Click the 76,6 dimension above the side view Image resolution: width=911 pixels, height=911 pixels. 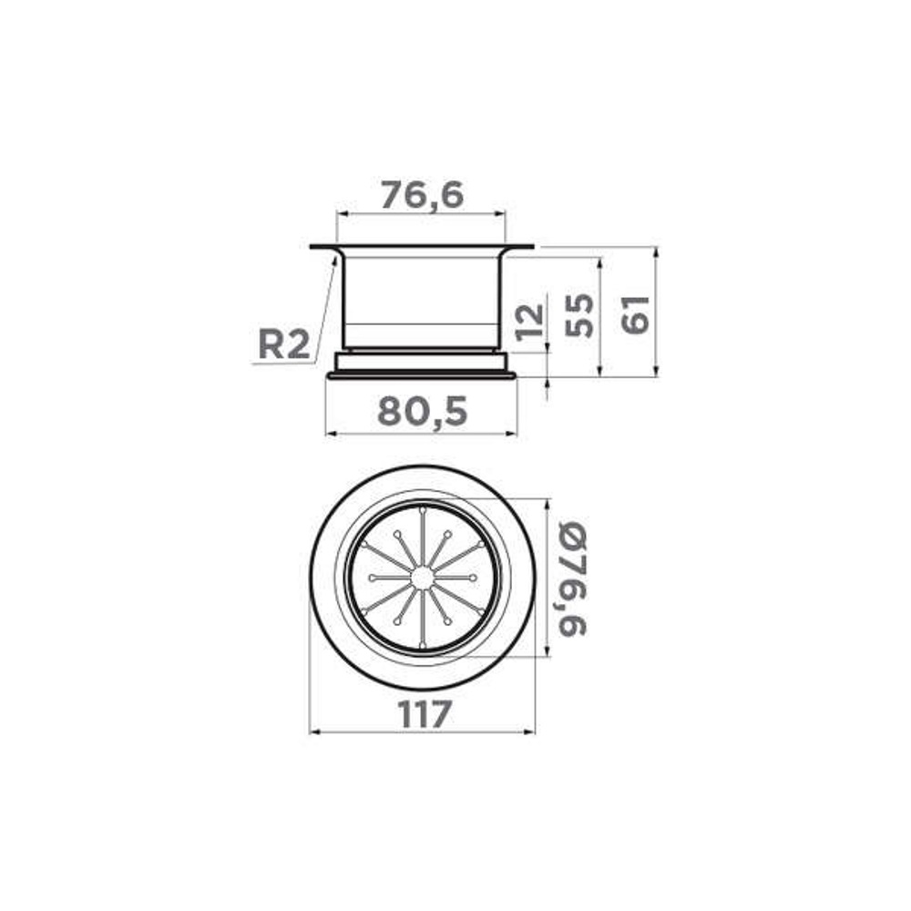[x=422, y=195]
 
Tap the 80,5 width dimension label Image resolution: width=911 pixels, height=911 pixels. [x=422, y=413]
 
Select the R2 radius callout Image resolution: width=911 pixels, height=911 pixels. [x=283, y=344]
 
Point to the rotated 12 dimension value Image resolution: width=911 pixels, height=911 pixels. [x=529, y=321]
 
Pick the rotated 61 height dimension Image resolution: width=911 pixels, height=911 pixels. [x=636, y=313]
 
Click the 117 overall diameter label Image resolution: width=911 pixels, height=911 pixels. [x=425, y=715]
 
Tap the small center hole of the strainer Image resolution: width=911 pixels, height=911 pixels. [x=423, y=578]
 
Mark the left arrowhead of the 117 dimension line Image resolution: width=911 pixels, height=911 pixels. [x=313, y=731]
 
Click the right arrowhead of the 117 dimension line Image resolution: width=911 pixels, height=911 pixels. [x=532, y=731]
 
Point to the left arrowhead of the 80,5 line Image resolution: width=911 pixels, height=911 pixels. [x=329, y=433]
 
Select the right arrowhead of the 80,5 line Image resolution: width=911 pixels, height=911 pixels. [x=514, y=433]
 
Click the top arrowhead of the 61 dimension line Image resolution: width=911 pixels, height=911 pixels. [x=656, y=250]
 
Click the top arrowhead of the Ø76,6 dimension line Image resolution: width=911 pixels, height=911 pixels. [x=547, y=502]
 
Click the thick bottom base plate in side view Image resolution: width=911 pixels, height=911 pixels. [x=422, y=374]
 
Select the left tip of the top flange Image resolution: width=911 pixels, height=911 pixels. [x=312, y=246]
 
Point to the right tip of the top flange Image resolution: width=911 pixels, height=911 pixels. [x=533, y=246]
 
